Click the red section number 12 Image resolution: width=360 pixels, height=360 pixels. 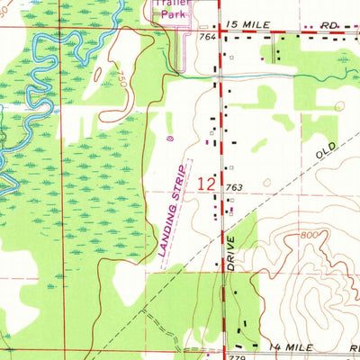(x=205, y=183)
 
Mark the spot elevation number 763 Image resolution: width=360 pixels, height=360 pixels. (x=236, y=187)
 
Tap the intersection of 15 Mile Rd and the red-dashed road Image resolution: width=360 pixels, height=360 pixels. (x=217, y=29)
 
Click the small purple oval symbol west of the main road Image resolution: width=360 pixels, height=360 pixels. (x=171, y=138)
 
